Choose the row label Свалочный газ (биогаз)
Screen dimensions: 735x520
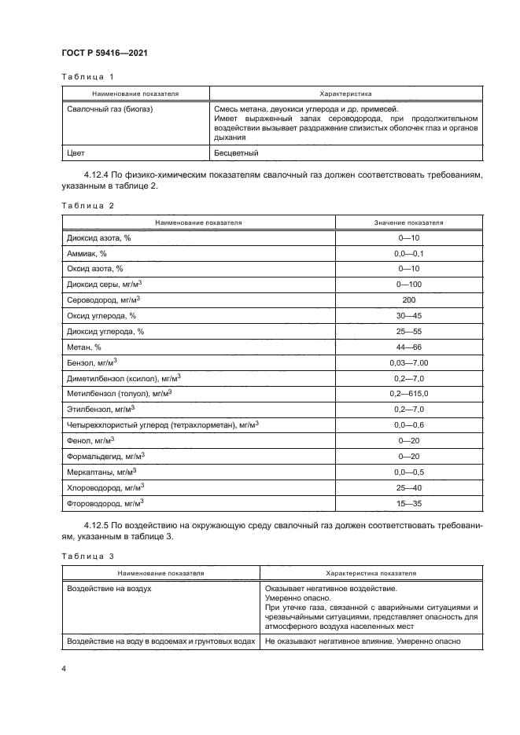[110, 109]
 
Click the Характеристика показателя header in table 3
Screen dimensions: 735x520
[360, 573]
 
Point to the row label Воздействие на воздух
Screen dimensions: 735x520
[109, 587]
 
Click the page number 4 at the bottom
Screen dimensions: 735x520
[63, 669]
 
